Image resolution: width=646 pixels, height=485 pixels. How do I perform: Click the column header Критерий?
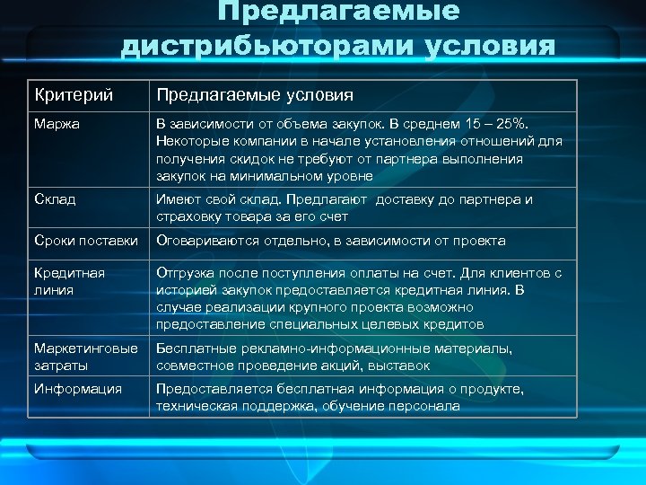click(66, 95)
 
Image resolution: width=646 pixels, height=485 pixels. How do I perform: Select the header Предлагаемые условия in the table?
click(254, 95)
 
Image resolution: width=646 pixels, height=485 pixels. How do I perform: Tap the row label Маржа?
click(57, 123)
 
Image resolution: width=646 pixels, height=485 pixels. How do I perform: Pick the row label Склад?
click(55, 199)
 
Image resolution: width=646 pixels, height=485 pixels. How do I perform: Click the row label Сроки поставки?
click(86, 241)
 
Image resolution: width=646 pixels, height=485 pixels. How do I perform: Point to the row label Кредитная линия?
click(69, 281)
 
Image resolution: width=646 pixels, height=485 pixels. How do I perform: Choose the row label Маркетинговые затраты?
click(86, 357)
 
